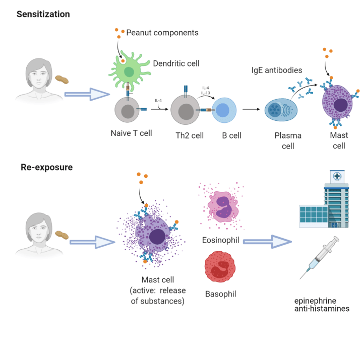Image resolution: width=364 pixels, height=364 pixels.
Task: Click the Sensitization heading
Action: [x=43, y=14]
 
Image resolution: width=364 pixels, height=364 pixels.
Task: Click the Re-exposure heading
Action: [x=47, y=167]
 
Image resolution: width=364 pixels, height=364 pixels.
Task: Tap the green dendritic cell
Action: [x=129, y=70]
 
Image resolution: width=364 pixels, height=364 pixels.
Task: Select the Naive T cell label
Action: [x=131, y=133]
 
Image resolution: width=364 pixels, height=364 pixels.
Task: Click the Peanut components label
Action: [x=162, y=33]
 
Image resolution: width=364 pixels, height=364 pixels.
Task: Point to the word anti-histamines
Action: [x=322, y=309]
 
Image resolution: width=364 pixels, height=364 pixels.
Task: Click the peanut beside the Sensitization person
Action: [x=62, y=79]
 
